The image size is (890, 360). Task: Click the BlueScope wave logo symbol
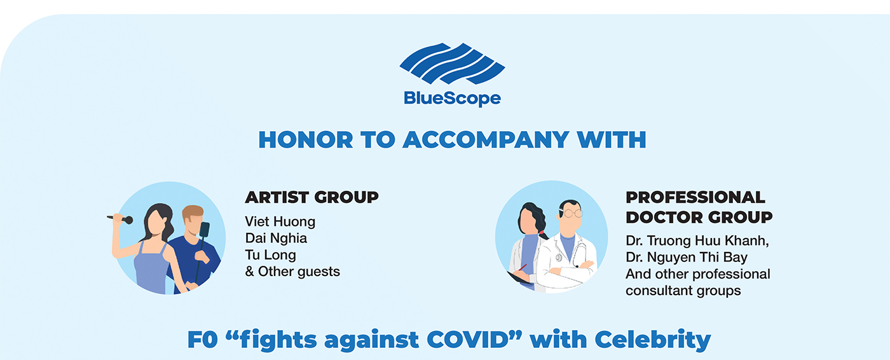[x=452, y=64]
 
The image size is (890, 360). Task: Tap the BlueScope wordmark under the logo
[x=452, y=99]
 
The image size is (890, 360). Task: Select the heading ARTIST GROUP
[x=312, y=197]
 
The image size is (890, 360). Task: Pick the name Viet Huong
[x=280, y=221]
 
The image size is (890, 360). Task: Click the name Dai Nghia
[x=276, y=238]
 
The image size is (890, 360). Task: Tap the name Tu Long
[x=271, y=254]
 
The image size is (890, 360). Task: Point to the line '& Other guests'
[x=292, y=272]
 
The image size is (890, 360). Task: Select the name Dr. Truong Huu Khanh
[x=697, y=240]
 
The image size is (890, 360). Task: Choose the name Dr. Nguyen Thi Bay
[x=687, y=257]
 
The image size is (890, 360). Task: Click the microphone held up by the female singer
[x=120, y=218]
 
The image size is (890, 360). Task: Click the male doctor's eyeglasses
[x=571, y=213]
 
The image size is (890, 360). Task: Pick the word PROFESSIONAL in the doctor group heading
[x=695, y=197]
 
